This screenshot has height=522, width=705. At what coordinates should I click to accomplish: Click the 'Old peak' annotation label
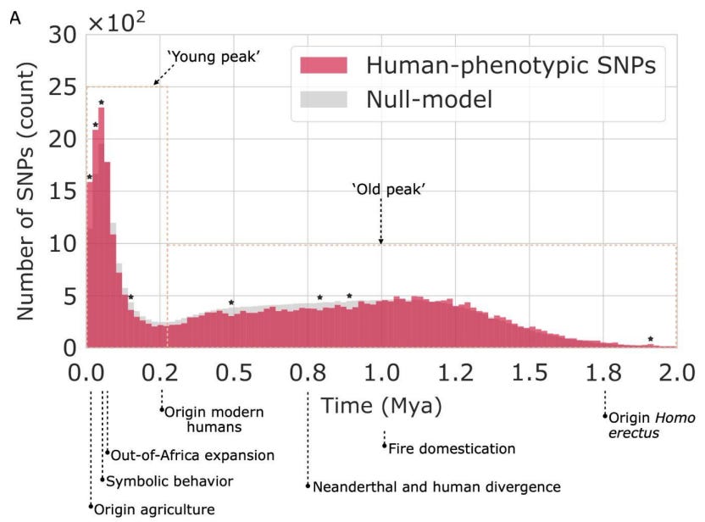pos(387,187)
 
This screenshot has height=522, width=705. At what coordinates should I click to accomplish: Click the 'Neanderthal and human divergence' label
pos(436,486)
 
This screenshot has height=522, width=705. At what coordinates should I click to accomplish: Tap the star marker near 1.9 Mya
pos(651,339)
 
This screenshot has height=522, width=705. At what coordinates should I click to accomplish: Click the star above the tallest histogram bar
pos(102,103)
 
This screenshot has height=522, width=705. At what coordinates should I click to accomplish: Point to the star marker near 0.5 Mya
pos(231,303)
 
